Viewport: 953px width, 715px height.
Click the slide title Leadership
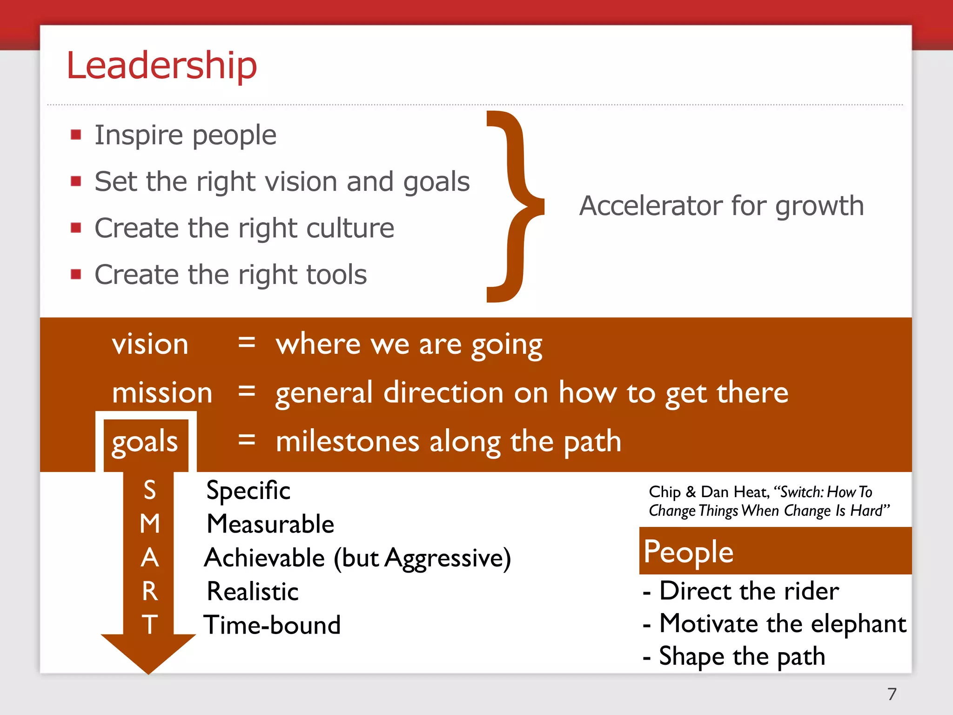pyautogui.click(x=161, y=65)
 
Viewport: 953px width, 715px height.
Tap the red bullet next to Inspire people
pyautogui.click(x=76, y=135)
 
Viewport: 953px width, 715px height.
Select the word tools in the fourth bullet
pyautogui.click(x=334, y=275)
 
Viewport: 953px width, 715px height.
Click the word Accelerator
pyautogui.click(x=651, y=206)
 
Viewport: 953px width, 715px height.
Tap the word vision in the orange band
pyautogui.click(x=150, y=344)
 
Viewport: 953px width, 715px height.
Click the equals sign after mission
pyautogui.click(x=246, y=391)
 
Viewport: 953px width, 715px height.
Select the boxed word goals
pyautogui.click(x=145, y=442)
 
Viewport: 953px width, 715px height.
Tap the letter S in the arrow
pyautogui.click(x=149, y=490)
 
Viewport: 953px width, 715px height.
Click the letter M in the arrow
pyautogui.click(x=149, y=524)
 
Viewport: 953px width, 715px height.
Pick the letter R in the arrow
pyautogui.click(x=149, y=591)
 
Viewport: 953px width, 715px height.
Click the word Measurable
pyautogui.click(x=270, y=524)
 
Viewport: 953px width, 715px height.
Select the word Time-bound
pyautogui.click(x=272, y=625)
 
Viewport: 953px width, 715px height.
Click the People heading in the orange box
pyautogui.click(x=688, y=552)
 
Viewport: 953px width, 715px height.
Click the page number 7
pyautogui.click(x=892, y=694)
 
